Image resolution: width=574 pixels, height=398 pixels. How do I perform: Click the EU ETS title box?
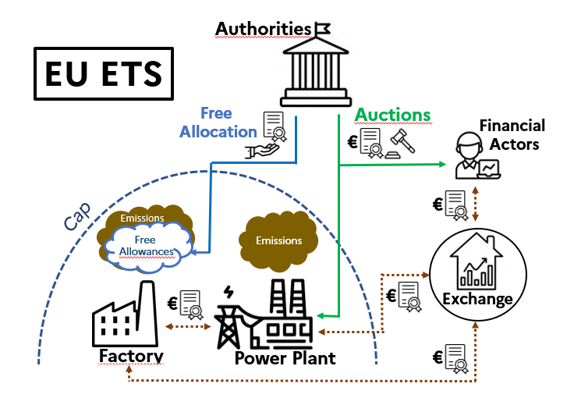103,73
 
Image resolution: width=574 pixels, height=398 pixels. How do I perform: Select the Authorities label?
263,29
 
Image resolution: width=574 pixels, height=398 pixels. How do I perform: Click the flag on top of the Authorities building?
321,28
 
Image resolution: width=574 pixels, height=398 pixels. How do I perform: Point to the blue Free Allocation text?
218,123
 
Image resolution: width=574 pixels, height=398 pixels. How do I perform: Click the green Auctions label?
392,115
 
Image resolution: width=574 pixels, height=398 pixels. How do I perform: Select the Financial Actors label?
512,134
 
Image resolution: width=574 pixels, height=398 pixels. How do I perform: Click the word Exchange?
477,299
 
